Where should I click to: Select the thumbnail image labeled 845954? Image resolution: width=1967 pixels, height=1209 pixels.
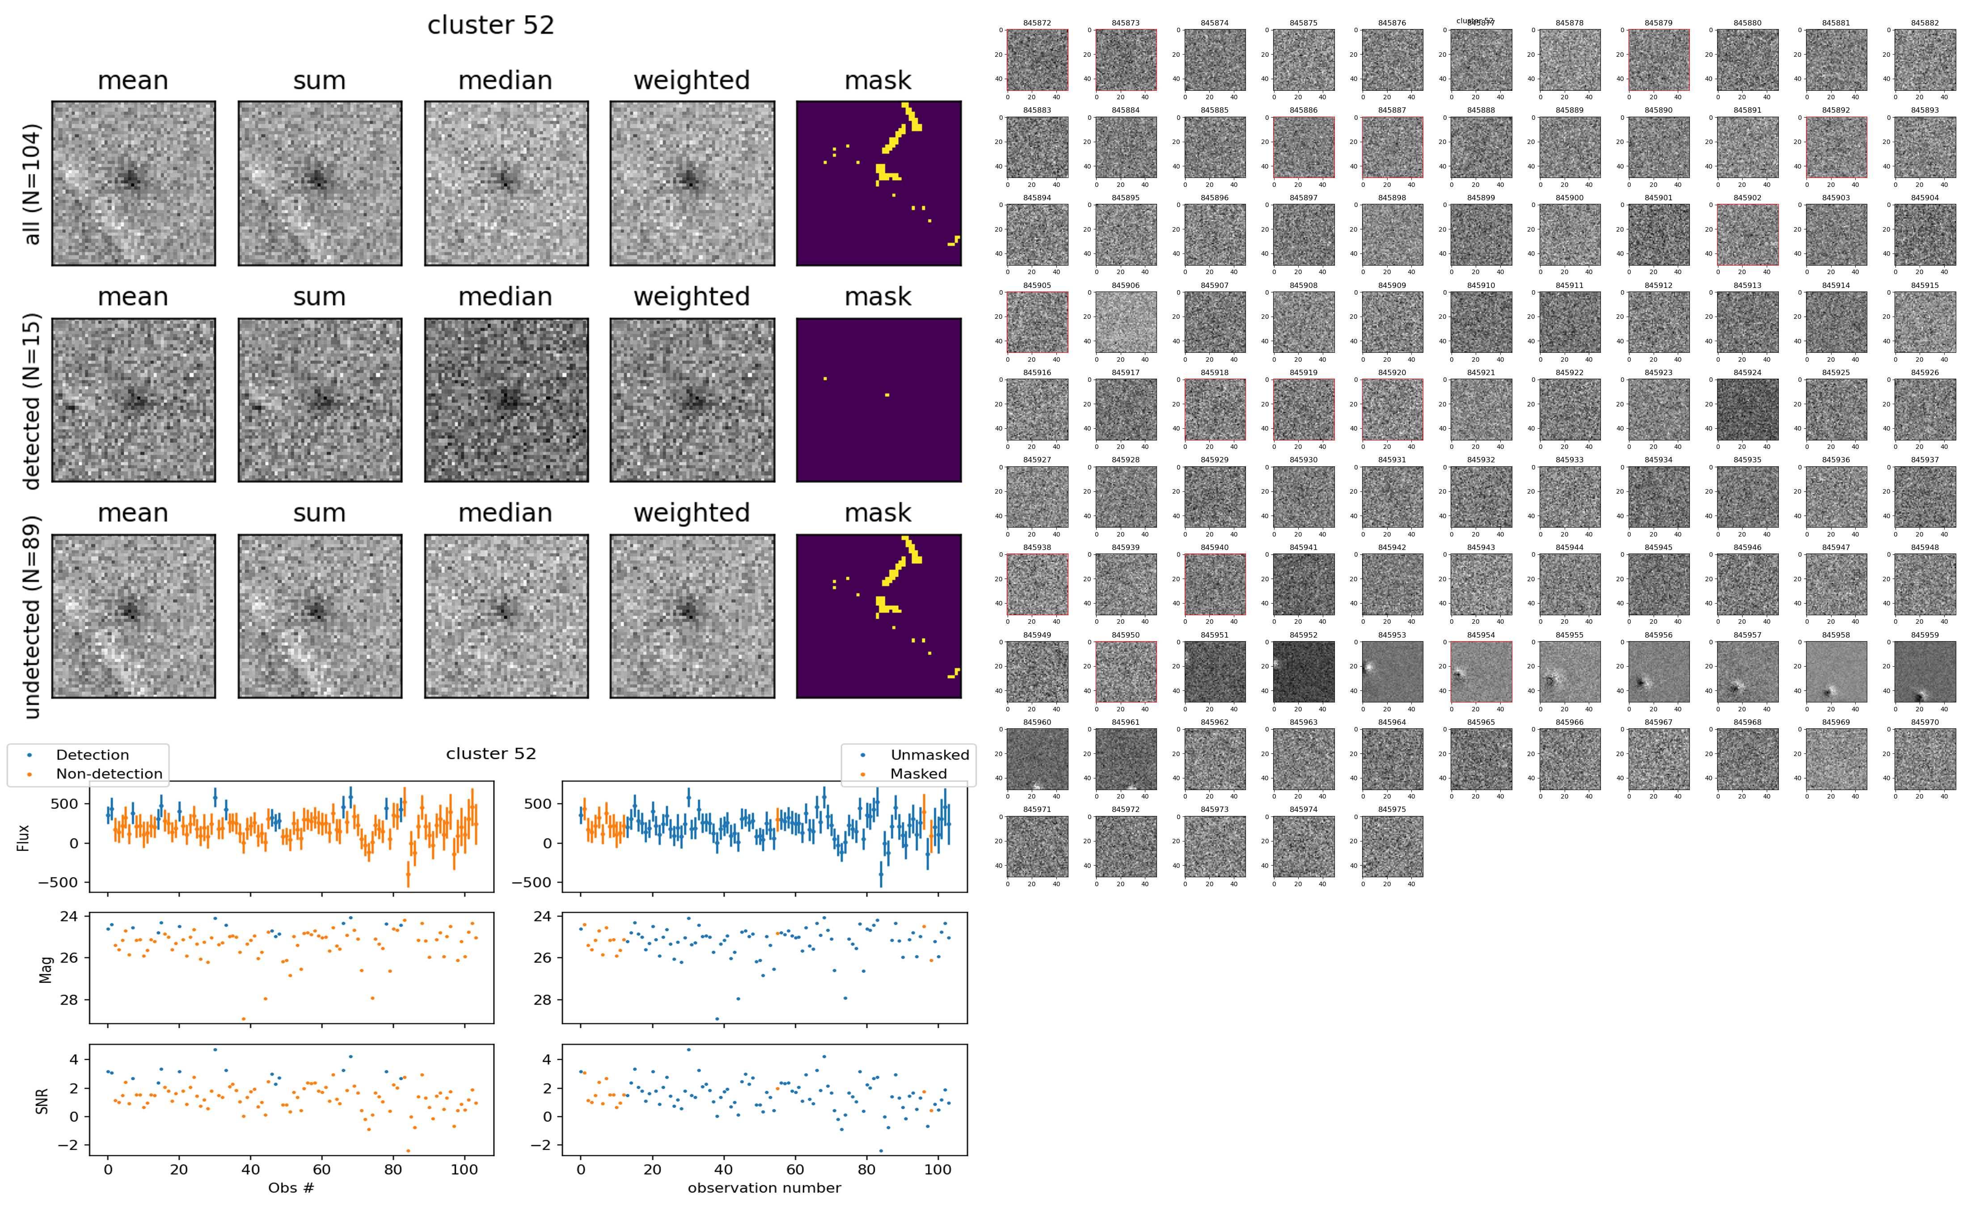[1480, 672]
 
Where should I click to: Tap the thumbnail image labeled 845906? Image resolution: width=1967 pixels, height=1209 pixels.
[1125, 321]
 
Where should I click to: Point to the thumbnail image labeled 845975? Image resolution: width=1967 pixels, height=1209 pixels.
[1392, 846]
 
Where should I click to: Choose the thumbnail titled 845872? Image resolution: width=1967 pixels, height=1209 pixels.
[1037, 60]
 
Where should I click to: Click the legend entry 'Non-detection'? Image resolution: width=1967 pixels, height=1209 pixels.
[109, 773]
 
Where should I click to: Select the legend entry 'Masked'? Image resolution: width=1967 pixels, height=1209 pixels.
[917, 773]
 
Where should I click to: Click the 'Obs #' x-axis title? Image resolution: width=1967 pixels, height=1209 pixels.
[291, 1188]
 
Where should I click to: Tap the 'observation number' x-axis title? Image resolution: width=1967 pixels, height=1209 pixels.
[764, 1188]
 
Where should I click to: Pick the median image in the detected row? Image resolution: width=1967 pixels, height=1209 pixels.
[506, 400]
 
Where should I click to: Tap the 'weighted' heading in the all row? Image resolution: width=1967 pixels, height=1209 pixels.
[692, 81]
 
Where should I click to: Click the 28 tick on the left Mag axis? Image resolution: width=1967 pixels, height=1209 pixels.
[70, 999]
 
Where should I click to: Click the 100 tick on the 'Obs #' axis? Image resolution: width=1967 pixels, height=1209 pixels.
[464, 1169]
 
